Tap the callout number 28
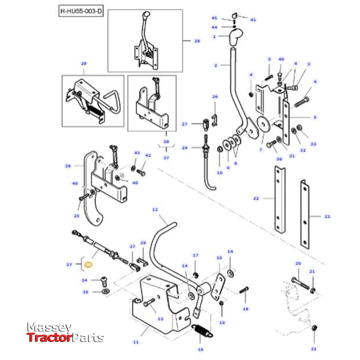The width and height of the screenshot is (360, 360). click(x=196, y=41)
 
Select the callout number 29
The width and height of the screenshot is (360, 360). click(x=84, y=63)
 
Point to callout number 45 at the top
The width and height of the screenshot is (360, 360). click(x=214, y=18)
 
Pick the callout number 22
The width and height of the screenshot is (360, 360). click(x=255, y=199)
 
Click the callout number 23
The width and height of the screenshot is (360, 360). click(x=327, y=216)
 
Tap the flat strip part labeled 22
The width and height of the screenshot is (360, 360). click(x=280, y=199)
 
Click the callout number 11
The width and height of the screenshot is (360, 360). click(x=136, y=341)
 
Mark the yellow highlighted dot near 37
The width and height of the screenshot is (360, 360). click(x=88, y=265)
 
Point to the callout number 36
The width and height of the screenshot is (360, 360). click(x=67, y=166)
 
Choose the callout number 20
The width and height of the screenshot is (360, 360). click(x=297, y=264)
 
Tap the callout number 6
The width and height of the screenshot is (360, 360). click(x=315, y=82)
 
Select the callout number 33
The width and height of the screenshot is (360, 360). click(x=313, y=144)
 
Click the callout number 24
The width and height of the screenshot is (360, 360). click(x=184, y=148)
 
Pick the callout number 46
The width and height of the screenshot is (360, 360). click(x=281, y=60)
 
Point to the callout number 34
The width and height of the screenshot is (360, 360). click(x=84, y=281)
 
